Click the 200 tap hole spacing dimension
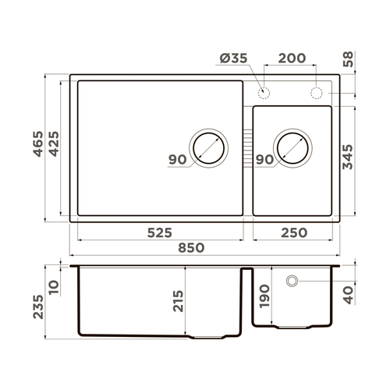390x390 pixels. [290, 60]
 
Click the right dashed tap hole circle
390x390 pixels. [317, 93]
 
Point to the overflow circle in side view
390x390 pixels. [292, 281]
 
